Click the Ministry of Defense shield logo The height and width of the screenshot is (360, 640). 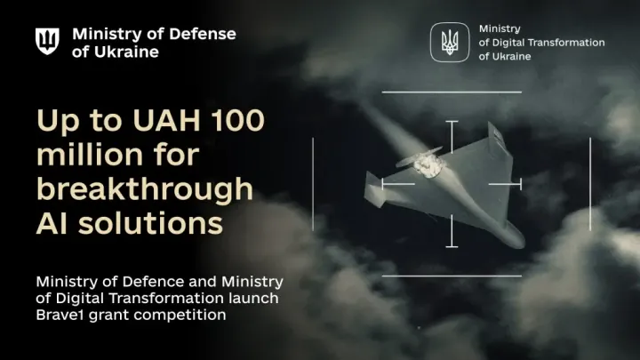[47, 42]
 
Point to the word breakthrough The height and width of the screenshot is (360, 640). [144, 188]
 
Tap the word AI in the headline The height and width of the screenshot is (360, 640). [53, 222]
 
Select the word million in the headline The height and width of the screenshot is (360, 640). [90, 156]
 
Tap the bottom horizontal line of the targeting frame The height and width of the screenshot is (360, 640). [452, 276]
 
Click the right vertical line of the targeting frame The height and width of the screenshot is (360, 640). [589, 183]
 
